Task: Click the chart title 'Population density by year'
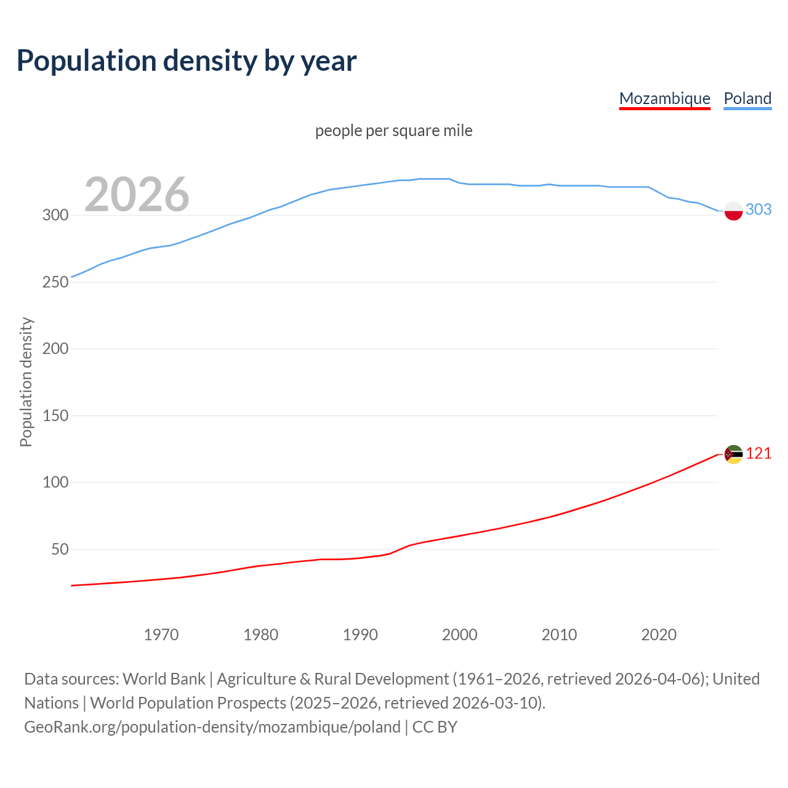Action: coord(187,60)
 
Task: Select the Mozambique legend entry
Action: coord(664,98)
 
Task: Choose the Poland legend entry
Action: coord(747,98)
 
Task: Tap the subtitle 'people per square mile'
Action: coord(394,131)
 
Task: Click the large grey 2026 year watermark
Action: coord(137,195)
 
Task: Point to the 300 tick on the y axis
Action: coord(55,215)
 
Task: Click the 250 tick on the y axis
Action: coord(55,282)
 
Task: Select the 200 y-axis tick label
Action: coord(55,349)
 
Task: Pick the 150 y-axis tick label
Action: coord(55,416)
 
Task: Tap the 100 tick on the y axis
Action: coord(55,483)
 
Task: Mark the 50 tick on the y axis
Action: coord(60,549)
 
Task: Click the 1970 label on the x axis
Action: coord(161,635)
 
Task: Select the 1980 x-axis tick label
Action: coord(261,635)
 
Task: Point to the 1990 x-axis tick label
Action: coord(360,635)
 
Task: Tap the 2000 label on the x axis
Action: coord(460,635)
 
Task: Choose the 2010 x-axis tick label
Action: coord(559,635)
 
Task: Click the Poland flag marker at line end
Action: coord(733,211)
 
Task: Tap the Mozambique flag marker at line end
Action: coord(733,454)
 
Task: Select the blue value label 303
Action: coord(758,210)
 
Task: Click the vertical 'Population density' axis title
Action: coord(26,382)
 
